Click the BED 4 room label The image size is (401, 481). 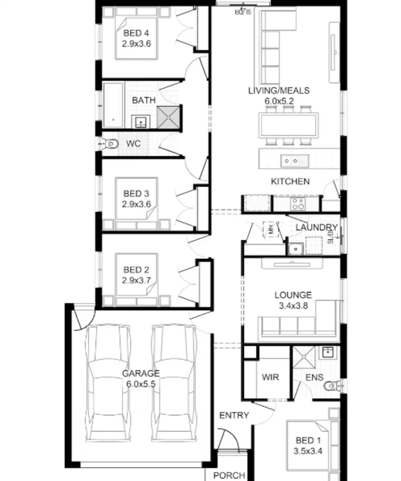point(136,33)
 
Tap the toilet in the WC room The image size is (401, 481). point(111,144)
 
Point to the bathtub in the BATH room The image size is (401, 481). point(113,105)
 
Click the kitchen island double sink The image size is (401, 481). point(294,161)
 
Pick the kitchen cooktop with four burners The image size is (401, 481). point(298,204)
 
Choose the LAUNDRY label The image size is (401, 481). point(316,228)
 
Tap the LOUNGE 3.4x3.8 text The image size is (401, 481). point(293,300)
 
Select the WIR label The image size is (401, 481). point(270,377)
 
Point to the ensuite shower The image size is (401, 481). point(304,357)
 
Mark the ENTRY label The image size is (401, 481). point(234,415)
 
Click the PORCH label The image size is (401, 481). point(229,475)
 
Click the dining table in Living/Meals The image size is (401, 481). point(288,125)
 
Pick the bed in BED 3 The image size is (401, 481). point(136,204)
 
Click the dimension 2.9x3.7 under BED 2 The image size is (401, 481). point(136,280)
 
